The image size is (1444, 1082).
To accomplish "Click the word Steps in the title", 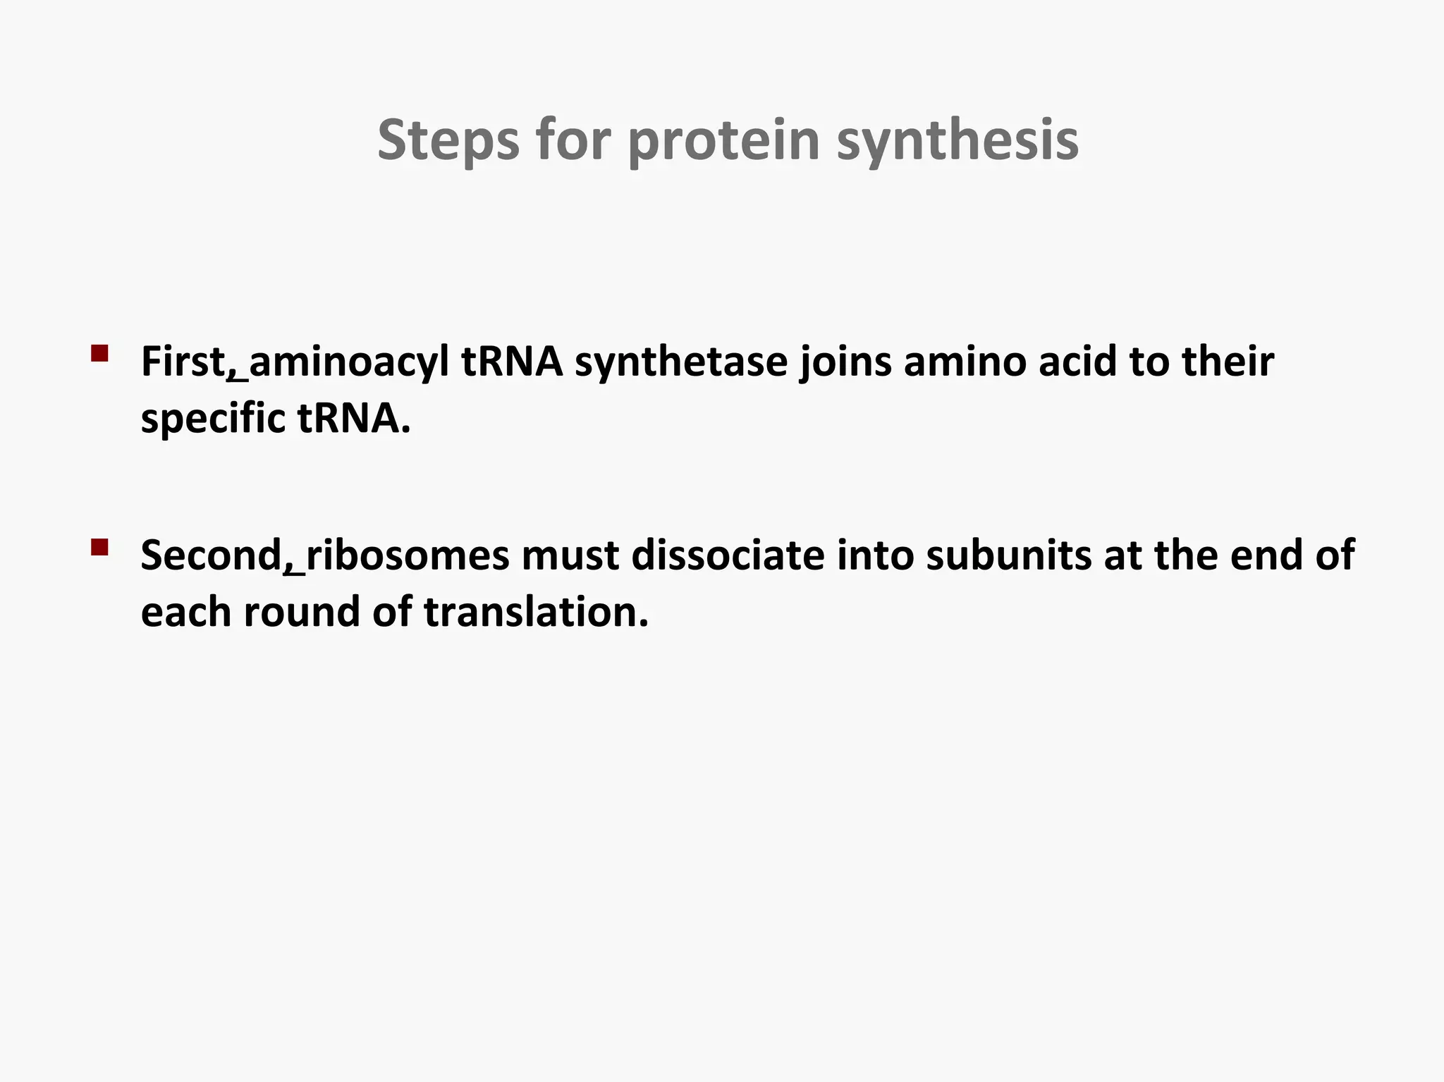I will (x=448, y=141).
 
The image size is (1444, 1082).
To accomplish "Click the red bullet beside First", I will (x=99, y=353).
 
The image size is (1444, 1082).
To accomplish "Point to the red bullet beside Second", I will (x=99, y=547).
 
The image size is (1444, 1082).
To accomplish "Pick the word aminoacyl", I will (x=349, y=362).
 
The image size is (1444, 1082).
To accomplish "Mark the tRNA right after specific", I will (x=353, y=419).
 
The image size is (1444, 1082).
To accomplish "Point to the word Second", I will (x=211, y=555).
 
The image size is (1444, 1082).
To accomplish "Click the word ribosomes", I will (x=408, y=555).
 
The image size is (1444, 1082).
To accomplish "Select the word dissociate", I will (x=728, y=555).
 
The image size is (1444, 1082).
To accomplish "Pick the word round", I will (x=302, y=612).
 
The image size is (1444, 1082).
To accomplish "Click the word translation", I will (x=535, y=612).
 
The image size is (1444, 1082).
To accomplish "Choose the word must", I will (x=570, y=555).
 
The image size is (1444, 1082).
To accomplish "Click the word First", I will (x=183, y=362).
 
